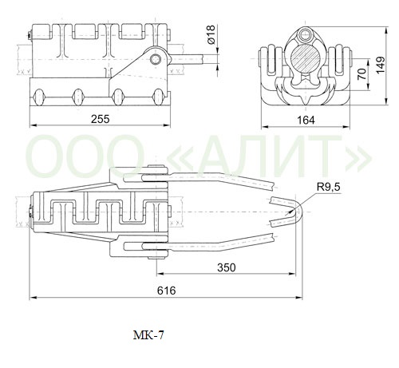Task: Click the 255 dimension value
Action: tap(100, 119)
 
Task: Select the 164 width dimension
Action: tap(306, 121)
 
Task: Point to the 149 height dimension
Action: tap(381, 65)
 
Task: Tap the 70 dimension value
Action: tap(362, 73)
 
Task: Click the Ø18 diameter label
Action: tap(211, 35)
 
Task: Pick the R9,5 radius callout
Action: tap(328, 187)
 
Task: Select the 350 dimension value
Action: tap(227, 267)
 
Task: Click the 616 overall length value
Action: tap(166, 291)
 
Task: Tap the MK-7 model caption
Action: tap(148, 335)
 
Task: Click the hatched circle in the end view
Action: tap(306, 58)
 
